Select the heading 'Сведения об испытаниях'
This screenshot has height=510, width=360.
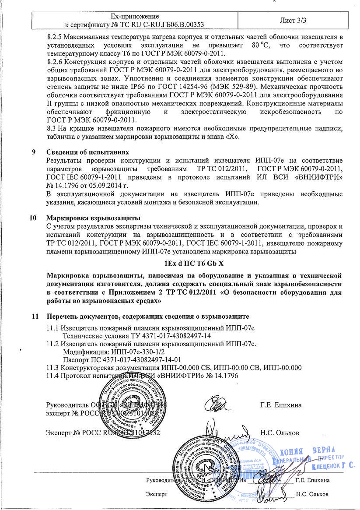[x=87, y=152]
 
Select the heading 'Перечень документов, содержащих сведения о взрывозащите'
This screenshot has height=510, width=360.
[x=147, y=316]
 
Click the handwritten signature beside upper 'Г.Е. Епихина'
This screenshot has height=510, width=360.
[x=220, y=404]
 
